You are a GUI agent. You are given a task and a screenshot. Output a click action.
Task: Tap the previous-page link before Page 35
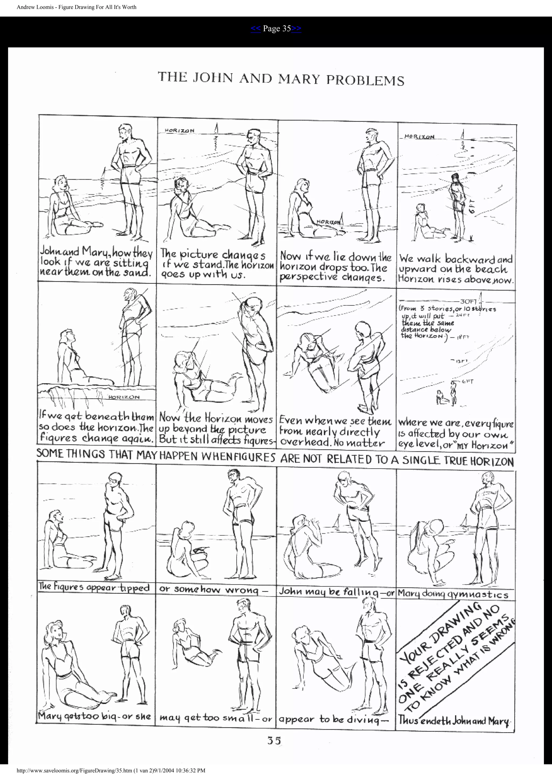[x=256, y=29]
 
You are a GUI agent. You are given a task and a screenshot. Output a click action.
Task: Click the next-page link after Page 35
[x=296, y=29]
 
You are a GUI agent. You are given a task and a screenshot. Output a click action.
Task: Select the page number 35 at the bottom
[x=274, y=741]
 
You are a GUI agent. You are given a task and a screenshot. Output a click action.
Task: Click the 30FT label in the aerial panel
[x=468, y=302]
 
